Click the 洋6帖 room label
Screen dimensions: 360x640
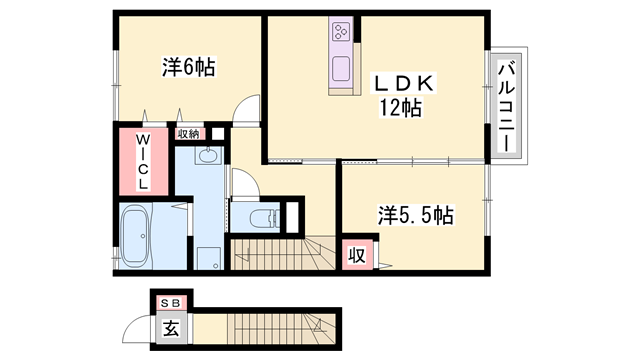click(189, 68)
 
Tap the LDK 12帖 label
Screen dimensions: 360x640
click(398, 93)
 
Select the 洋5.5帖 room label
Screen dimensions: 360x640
click(416, 214)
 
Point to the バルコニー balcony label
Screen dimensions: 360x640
click(507, 105)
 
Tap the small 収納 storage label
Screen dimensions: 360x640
click(188, 133)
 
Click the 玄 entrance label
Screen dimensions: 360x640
click(171, 326)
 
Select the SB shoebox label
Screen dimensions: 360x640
click(171, 300)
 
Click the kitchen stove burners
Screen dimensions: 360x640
click(341, 33)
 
